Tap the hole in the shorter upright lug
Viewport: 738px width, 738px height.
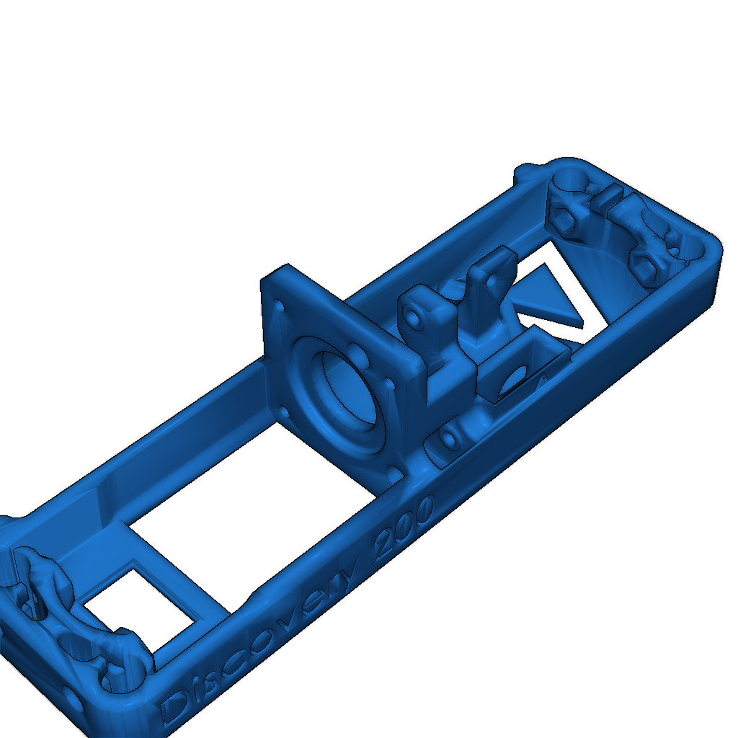pyautogui.click(x=412, y=315)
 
